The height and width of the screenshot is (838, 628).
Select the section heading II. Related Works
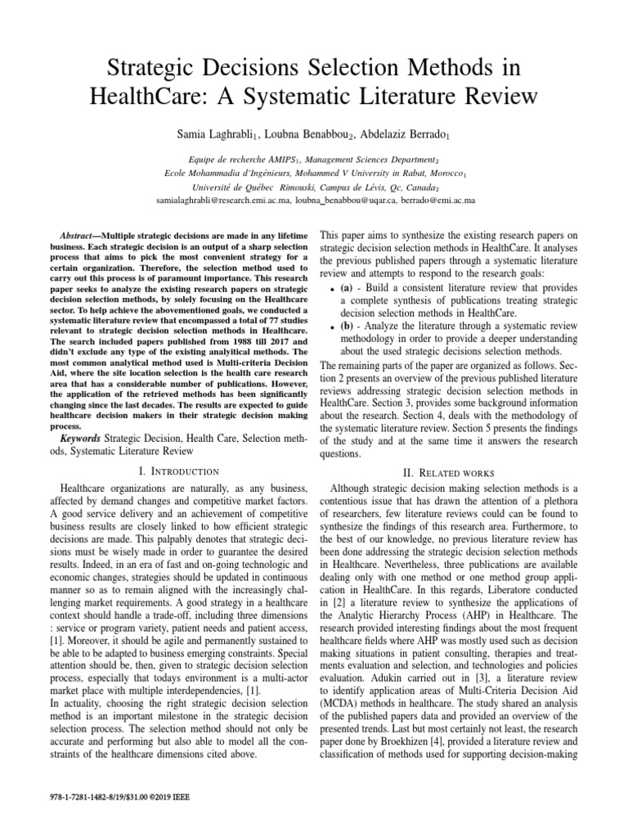click(448, 472)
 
